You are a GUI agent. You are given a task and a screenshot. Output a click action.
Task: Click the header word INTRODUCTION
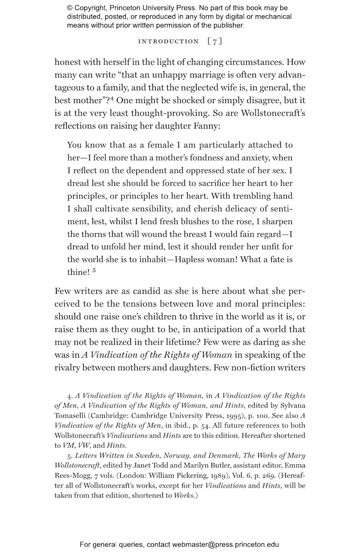click(x=168, y=41)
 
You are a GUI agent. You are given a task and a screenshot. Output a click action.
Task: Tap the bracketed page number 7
click(x=215, y=41)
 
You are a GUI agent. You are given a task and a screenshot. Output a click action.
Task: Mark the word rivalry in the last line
click(x=68, y=368)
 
